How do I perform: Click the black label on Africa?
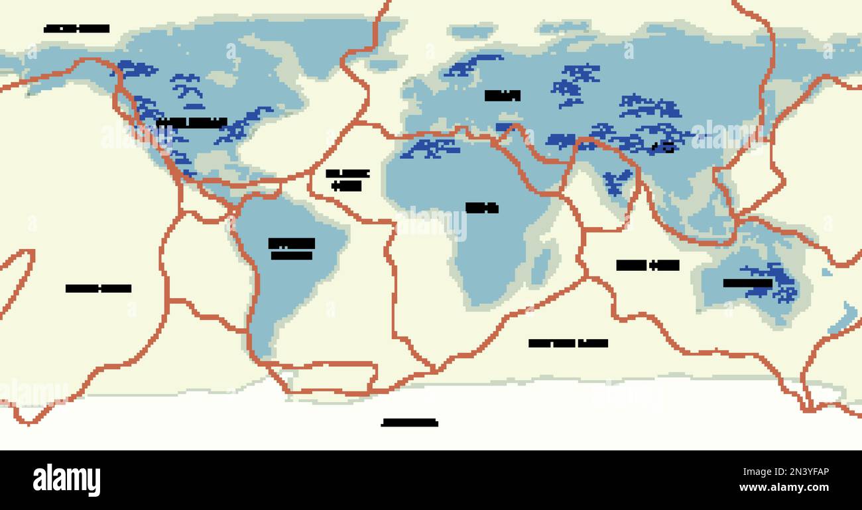[481, 208]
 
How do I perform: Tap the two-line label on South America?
[291, 249]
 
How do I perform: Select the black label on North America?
[192, 123]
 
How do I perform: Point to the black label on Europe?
[502, 95]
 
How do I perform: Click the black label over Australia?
[747, 283]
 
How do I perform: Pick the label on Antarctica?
[409, 423]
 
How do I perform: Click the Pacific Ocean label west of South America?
[98, 288]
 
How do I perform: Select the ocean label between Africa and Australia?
[647, 266]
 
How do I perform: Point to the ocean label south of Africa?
[568, 343]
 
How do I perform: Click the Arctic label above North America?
[76, 28]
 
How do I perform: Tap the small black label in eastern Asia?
[663, 148]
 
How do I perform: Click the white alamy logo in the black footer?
[66, 480]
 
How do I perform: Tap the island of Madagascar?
[542, 265]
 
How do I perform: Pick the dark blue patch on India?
[617, 181]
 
